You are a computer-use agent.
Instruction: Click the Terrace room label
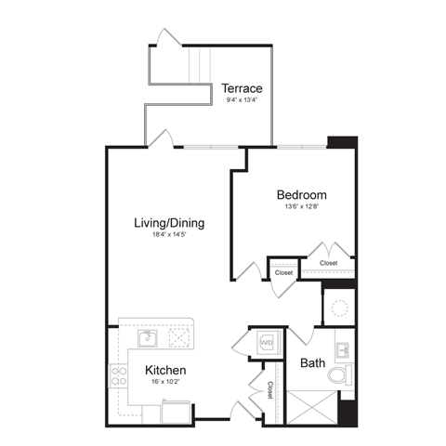243,89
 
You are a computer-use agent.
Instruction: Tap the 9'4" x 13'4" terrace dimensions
242,102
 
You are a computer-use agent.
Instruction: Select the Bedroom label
302,195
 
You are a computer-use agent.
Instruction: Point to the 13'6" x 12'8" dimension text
302,207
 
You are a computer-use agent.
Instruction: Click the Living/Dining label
169,223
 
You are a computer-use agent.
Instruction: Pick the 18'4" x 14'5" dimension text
169,237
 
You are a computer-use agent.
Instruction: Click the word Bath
312,362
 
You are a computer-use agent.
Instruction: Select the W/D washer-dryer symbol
266,343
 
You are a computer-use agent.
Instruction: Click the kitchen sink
147,337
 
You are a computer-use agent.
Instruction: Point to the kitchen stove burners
120,376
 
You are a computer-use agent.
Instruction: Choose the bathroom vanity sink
342,349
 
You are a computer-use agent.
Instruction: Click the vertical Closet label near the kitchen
270,390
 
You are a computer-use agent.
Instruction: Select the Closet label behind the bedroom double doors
328,263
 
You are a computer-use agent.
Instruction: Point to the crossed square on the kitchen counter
179,336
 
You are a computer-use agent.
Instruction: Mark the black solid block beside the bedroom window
342,143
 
